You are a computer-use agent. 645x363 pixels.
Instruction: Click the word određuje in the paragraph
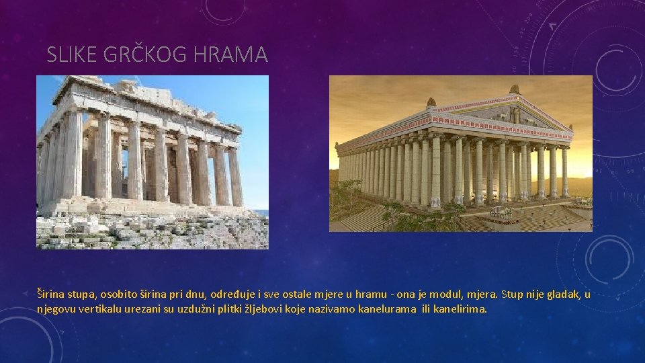click(232, 294)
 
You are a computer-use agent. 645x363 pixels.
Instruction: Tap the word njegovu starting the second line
click(58, 309)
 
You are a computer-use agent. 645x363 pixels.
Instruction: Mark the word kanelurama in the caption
click(387, 309)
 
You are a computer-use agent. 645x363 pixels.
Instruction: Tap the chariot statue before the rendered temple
click(501, 213)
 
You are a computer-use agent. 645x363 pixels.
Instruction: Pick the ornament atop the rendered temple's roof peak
click(515, 89)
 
